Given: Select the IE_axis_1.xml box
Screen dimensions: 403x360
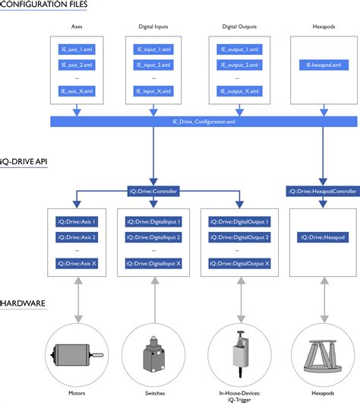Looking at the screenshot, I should pos(76,49).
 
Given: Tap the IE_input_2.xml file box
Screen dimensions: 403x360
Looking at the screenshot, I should pos(153,65).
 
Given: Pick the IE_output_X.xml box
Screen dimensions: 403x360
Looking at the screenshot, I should pos(237,91).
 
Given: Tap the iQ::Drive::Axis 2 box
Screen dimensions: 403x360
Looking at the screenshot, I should pos(76,236).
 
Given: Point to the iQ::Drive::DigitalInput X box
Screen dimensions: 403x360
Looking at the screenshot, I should pos(153,263).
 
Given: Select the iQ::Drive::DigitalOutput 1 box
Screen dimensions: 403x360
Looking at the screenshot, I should pos(237,222).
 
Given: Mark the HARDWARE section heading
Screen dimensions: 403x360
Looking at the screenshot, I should pos(23,303).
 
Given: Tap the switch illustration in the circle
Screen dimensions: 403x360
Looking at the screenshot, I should pos(155,354).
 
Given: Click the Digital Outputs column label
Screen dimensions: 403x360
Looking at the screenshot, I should pos(237,26).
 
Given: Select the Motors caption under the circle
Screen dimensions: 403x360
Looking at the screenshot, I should pos(76,394).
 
